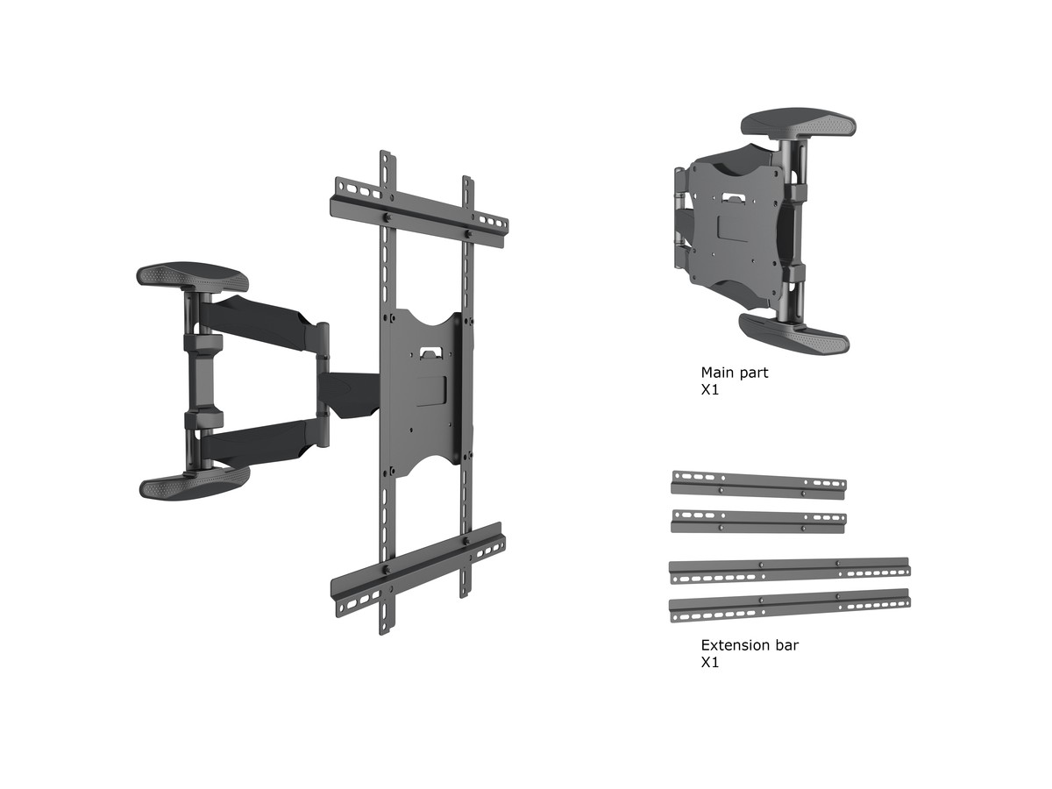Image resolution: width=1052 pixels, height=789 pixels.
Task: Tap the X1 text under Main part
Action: point(710,390)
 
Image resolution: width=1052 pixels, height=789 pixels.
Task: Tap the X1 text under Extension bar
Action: point(710,663)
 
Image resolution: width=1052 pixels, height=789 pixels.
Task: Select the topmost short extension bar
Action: point(758,486)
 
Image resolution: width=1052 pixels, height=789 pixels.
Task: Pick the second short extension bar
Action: point(758,522)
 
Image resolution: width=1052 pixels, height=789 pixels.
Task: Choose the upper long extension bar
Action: point(789,571)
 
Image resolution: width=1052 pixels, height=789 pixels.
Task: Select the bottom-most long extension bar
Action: point(789,605)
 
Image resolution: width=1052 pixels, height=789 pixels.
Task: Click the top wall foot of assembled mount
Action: point(193,277)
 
